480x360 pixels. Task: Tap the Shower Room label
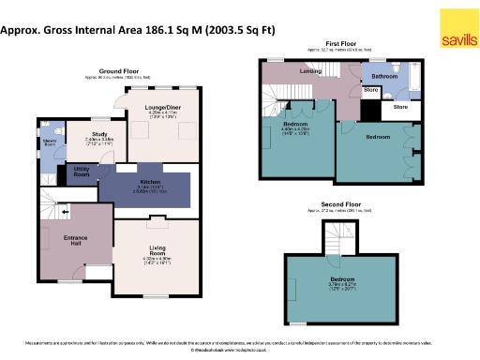coord(49,143)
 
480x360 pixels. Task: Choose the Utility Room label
coord(82,173)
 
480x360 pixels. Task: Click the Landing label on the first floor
coord(310,71)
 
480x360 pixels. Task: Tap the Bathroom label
coord(384,76)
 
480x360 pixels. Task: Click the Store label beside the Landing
coord(370,92)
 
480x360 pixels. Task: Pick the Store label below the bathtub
coord(400,108)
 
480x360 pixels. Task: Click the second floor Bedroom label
coord(341,279)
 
